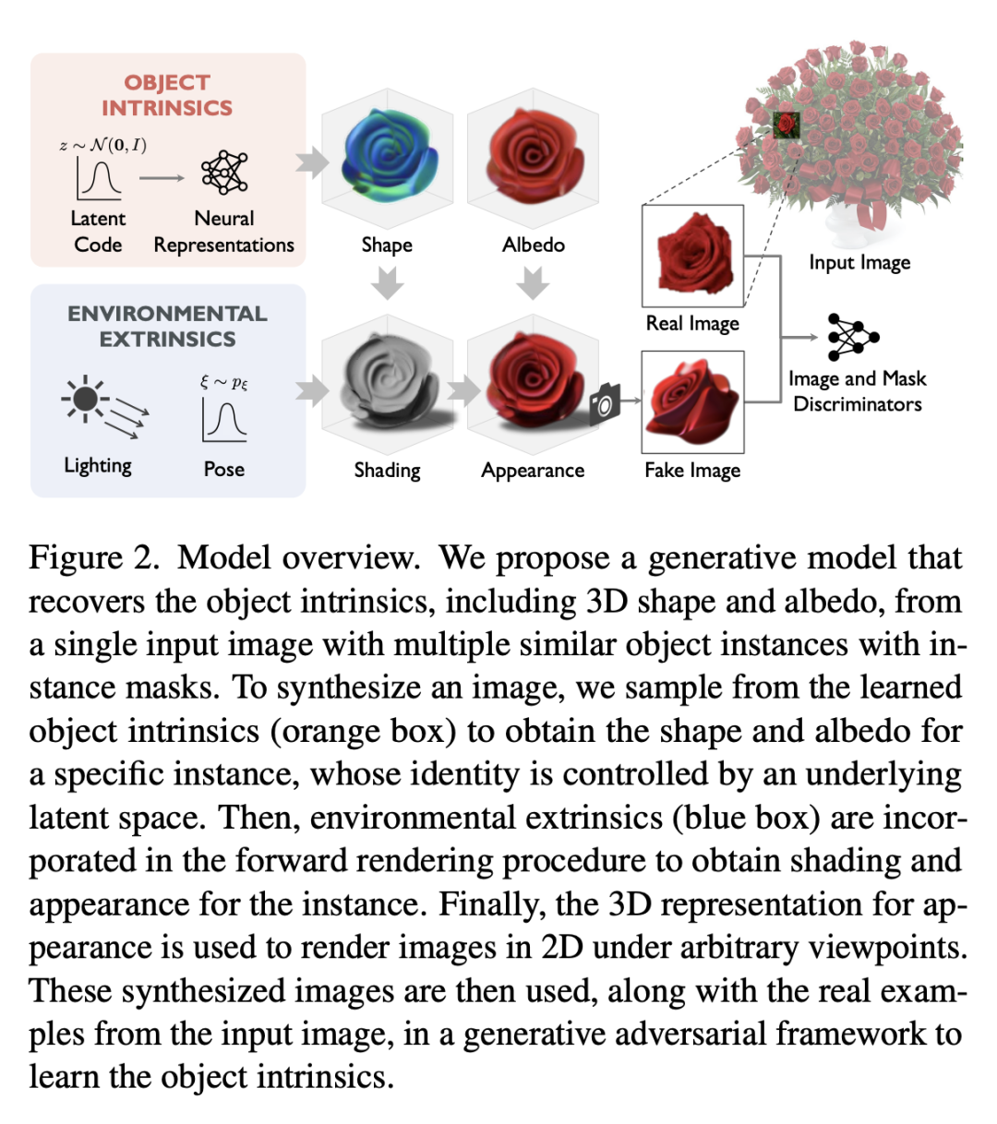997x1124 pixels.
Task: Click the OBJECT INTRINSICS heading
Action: coord(167,95)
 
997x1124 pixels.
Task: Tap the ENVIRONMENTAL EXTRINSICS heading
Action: coord(167,326)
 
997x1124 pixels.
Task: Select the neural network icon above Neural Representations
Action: coord(224,172)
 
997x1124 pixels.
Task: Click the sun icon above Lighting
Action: coord(86,399)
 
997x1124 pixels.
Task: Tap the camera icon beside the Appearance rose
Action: coord(605,402)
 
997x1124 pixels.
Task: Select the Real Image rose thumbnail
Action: coord(692,256)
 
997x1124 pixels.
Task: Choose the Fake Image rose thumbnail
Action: coord(692,401)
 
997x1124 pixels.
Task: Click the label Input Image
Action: coord(859,263)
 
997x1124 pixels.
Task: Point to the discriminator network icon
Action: coord(852,337)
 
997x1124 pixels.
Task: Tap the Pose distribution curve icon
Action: coord(224,420)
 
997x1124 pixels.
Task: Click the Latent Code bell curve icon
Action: coord(100,178)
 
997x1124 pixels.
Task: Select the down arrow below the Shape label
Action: coord(387,282)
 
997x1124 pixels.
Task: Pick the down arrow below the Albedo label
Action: coord(533,282)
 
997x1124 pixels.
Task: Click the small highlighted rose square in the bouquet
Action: coord(787,125)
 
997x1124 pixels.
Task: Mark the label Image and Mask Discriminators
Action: coord(858,391)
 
